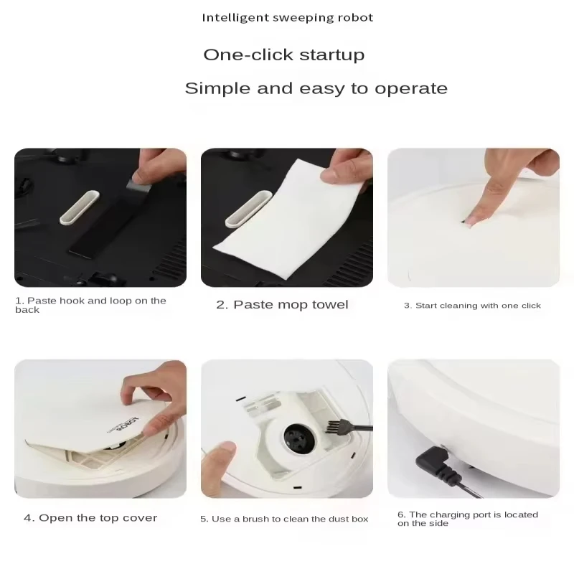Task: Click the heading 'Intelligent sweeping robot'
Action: point(287,17)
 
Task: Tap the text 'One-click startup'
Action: point(283,55)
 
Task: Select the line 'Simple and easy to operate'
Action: point(316,88)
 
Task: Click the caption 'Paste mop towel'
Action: point(282,304)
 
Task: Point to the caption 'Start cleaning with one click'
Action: point(472,306)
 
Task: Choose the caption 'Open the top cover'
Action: point(90,517)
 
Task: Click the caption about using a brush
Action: point(284,518)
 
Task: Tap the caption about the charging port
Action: point(467,519)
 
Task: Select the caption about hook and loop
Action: point(90,305)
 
